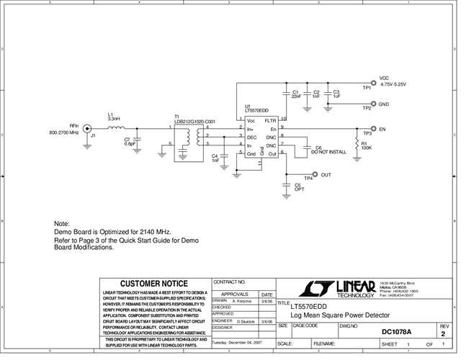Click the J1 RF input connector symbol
coord(87,129)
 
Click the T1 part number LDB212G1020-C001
coord(194,122)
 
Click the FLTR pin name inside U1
coord(271,120)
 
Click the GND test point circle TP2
coord(373,104)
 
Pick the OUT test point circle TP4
coord(315,175)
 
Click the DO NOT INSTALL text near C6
coord(328,152)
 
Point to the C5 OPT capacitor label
coord(298,186)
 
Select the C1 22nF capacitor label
coord(296,94)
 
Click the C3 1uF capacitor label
coord(336,94)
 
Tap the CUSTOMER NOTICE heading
coord(153,284)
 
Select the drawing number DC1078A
coord(396,332)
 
